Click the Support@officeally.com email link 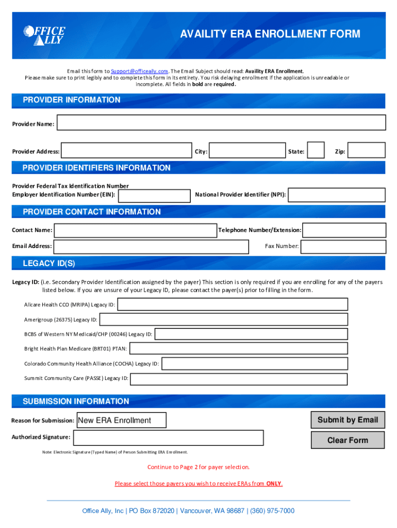pos(140,71)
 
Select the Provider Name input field pos(221,123)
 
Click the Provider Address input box pos(126,151)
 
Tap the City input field pos(248,151)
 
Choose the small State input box pos(316,150)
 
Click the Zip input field pos(367,151)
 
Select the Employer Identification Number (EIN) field pos(154,195)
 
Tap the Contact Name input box pos(135,230)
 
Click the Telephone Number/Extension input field pos(344,230)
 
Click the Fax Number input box pos(343,247)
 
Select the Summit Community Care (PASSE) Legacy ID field pos(239,379)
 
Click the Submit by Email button pos(348,420)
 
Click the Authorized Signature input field pos(169,438)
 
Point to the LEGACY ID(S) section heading pos(49,263)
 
